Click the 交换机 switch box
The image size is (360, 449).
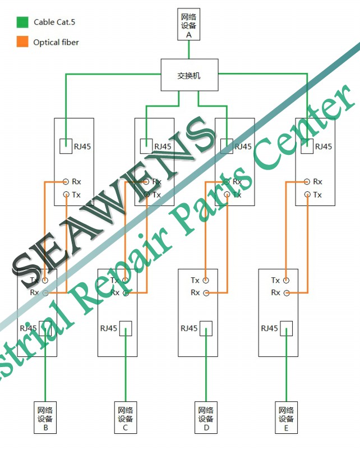tap(189, 75)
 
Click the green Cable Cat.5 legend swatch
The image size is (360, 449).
tap(22, 22)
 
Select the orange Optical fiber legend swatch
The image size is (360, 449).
tap(22, 42)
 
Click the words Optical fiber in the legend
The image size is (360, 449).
tap(56, 42)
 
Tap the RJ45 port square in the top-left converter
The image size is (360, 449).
tap(66, 146)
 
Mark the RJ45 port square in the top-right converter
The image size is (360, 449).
tap(307, 146)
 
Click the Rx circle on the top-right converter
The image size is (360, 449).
tap(307, 182)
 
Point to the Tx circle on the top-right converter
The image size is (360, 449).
tap(307, 195)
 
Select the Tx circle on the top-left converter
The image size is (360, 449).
tap(66, 195)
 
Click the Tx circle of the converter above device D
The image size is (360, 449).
tap(206, 280)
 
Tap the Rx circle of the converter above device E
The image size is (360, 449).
tap(287, 292)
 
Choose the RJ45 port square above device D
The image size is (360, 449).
tap(206, 328)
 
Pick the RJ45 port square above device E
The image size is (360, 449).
tap(287, 328)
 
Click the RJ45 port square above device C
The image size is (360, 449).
tap(125, 328)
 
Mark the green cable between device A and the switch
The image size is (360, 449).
tap(189, 49)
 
